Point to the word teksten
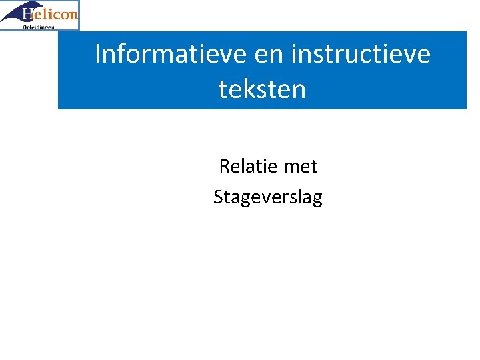coord(262,88)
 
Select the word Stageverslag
coord(267,197)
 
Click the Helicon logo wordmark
coord(49,14)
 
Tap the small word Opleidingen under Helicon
coord(39,27)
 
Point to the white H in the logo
coord(28,13)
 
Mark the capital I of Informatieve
coord(99,54)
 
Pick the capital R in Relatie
coord(225,166)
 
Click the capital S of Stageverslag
coord(219,197)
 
